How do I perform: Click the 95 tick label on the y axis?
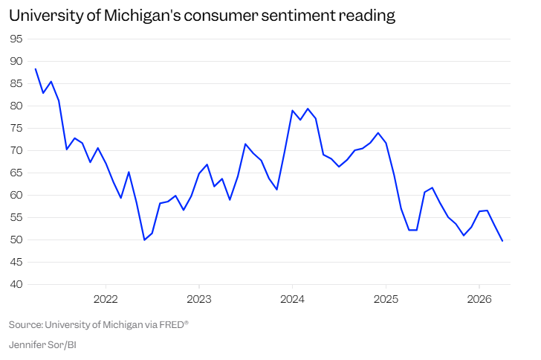16,39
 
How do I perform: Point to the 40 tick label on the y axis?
16,284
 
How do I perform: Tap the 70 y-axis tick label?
16,151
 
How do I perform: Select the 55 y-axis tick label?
16,217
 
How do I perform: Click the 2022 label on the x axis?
106,299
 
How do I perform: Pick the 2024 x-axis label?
292,299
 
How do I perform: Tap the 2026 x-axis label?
479,299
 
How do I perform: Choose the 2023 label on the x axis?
199,299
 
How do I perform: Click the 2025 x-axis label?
386,299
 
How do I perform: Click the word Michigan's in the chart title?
142,16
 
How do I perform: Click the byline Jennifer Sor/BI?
42,345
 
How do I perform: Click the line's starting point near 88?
36,69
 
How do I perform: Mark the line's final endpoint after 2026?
502,241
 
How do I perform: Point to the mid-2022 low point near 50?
144,240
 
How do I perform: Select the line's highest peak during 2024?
308,109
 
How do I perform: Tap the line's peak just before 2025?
378,132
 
